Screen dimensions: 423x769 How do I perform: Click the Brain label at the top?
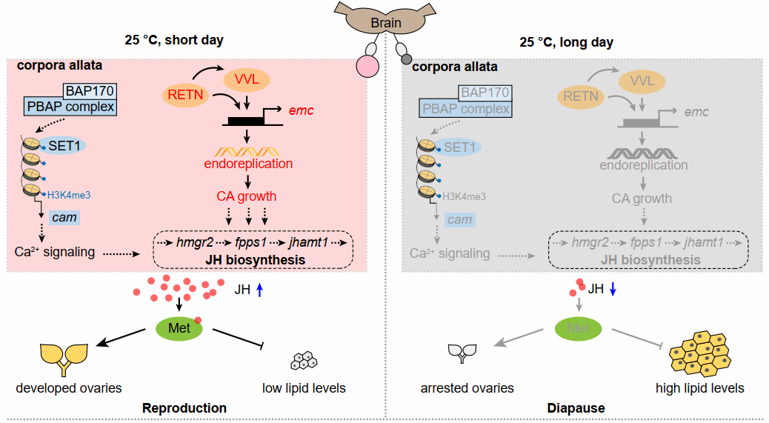click(386, 23)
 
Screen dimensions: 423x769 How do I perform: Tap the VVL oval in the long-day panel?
click(643, 79)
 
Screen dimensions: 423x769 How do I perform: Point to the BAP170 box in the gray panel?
click(484, 93)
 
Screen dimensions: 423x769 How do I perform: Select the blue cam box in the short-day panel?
click(64, 218)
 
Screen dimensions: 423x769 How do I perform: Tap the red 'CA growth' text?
click(247, 196)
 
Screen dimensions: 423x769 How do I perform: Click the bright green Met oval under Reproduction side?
click(179, 328)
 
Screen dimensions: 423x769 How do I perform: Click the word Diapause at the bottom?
click(576, 407)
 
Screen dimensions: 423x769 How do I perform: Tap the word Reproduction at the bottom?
click(184, 407)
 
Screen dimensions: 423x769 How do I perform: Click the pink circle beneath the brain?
click(367, 67)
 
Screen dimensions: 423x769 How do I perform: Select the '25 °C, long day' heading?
click(566, 42)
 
